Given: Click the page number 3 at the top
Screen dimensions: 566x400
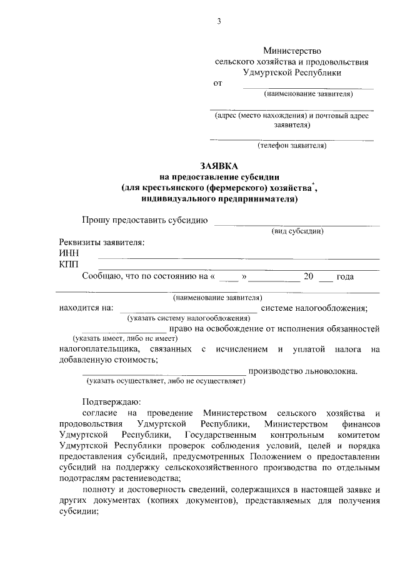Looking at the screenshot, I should pyautogui.click(x=219, y=22).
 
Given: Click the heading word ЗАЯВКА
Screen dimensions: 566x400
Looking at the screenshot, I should pyautogui.click(x=219, y=166).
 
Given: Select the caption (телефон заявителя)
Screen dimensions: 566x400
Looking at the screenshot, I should pyautogui.click(x=292, y=146).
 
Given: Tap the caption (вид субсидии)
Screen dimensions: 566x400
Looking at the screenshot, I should pyautogui.click(x=297, y=231).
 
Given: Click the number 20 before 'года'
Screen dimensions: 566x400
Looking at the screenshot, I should pyautogui.click(x=307, y=276).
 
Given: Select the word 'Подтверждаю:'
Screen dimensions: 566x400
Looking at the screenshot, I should pyautogui.click(x=111, y=402).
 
